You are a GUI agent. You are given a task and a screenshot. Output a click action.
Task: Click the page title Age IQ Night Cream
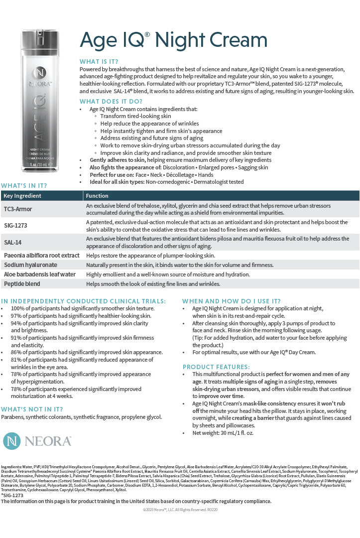point(173,40)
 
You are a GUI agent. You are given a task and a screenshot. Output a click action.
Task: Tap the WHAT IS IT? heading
point(99,61)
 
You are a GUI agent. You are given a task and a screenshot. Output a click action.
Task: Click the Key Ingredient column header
point(22,196)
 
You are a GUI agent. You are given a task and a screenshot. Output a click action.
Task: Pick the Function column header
point(97,196)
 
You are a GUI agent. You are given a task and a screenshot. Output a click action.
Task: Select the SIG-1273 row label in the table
point(16,226)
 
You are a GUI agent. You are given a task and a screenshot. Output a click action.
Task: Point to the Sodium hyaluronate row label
point(30,265)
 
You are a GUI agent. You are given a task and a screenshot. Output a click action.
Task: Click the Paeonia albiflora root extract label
point(42,256)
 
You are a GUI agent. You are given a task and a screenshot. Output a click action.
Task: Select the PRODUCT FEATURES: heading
point(216,367)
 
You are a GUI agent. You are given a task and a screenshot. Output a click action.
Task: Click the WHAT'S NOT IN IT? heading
point(32,409)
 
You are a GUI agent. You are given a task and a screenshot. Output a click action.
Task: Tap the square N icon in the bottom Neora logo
point(11,441)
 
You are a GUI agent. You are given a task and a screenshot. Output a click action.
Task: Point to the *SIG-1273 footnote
point(12,496)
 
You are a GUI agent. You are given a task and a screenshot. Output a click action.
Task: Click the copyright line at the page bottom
point(180,510)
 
